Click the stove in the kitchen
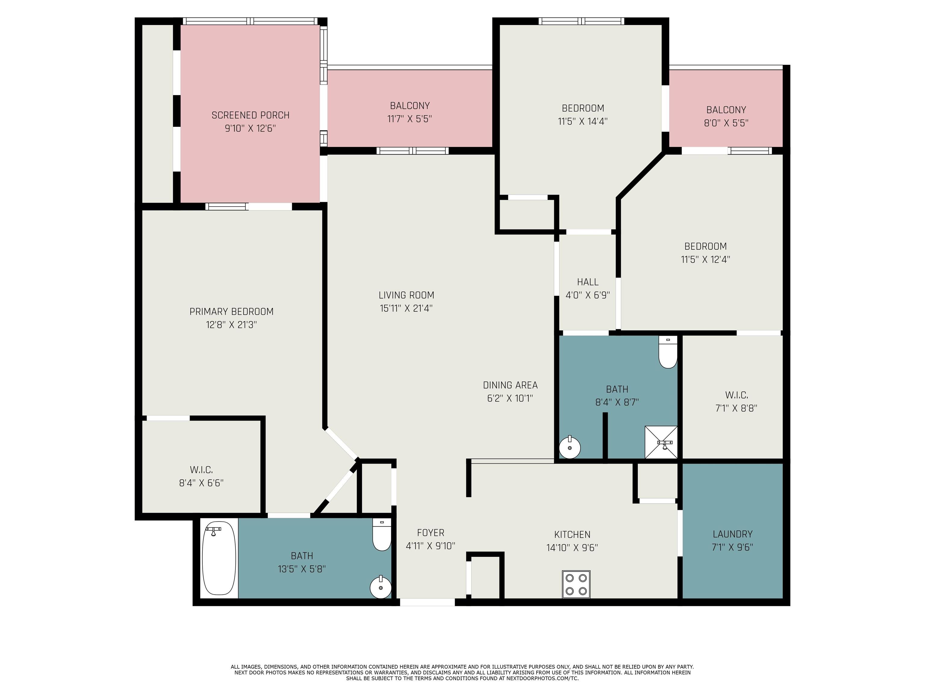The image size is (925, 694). coord(576,584)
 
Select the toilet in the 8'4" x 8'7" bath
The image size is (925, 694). coord(668,352)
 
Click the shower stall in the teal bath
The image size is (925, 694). coord(661,442)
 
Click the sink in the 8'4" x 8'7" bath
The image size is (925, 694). coord(570,447)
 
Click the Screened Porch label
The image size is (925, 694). coord(251,115)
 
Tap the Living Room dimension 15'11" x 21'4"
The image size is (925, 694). coord(406,308)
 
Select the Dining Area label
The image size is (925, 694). coord(510,385)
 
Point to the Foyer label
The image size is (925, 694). coord(431,533)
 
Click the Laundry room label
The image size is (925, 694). coord(733,534)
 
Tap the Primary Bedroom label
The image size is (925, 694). coord(231,312)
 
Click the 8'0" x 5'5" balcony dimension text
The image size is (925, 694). coord(726,123)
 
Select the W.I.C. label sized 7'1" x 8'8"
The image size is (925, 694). coord(737,395)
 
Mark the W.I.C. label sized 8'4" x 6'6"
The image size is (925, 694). coord(201,470)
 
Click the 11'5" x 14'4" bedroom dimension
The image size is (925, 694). coord(583,121)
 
